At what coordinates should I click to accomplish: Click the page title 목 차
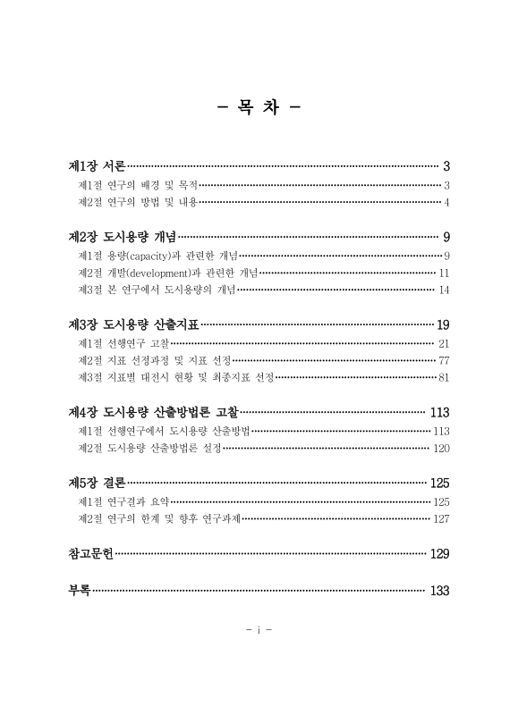point(259,109)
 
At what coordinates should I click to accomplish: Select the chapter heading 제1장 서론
point(98,166)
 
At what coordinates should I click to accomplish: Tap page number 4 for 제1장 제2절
point(446,203)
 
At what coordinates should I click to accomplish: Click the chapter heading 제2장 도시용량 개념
point(122,237)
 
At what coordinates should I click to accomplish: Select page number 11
point(444,273)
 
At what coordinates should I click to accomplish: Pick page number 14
point(444,290)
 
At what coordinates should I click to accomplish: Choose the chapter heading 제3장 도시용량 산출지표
point(133,324)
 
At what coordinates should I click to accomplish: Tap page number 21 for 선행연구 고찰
point(444,343)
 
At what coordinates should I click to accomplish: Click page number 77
point(443,360)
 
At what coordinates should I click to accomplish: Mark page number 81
point(444,378)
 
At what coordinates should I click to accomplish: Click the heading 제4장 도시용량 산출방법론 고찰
point(153,413)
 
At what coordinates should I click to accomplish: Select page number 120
point(440,448)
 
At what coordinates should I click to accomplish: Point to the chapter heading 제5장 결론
point(98,483)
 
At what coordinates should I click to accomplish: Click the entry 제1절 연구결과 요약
point(123,501)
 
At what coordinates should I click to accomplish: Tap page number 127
point(440,518)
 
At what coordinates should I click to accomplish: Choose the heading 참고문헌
point(90,553)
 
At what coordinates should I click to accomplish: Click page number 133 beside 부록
point(439,591)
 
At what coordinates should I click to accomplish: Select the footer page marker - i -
point(259,629)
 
